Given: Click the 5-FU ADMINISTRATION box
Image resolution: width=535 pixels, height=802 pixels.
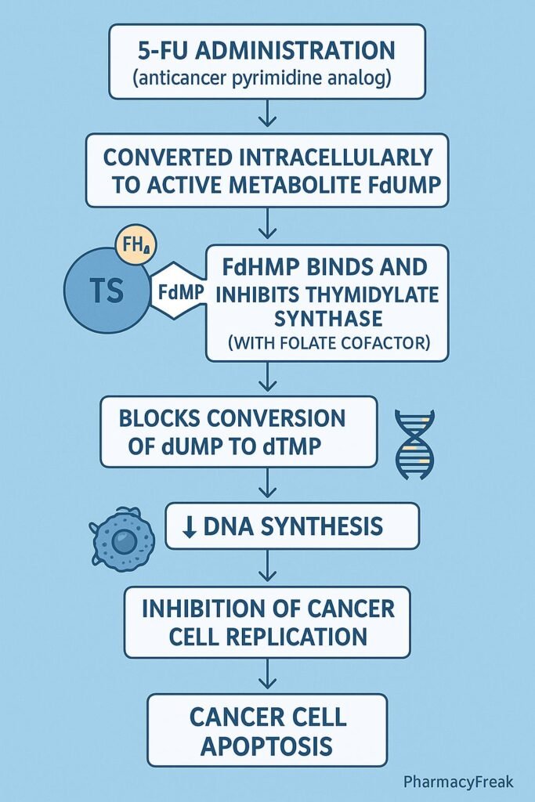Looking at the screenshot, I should pos(267,61).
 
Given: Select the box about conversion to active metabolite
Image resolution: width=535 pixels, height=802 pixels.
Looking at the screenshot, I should pos(267,169).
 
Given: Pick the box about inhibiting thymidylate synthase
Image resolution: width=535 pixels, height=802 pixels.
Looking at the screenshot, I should pos(327,302).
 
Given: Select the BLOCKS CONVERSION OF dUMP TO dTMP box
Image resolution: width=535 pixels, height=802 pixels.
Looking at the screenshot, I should pos(239,432).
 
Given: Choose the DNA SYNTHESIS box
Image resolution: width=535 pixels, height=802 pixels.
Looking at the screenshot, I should pos(292,526).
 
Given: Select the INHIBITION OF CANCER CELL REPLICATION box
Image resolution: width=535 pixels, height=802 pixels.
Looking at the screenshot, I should pos(267,621).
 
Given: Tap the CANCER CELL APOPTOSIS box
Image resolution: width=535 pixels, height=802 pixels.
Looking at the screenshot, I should pos(267,729).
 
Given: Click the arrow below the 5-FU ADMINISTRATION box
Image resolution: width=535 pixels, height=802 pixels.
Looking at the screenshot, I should pos(267,116).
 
